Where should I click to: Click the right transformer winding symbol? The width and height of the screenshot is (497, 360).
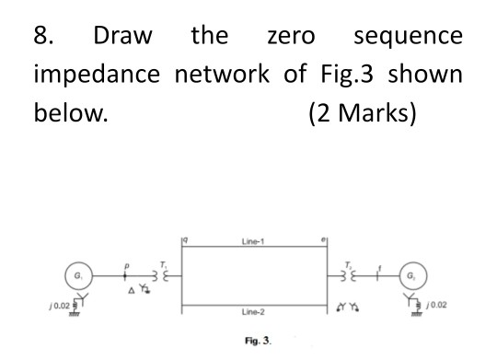coord(343,274)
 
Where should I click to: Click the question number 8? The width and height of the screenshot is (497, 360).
coord(41,37)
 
